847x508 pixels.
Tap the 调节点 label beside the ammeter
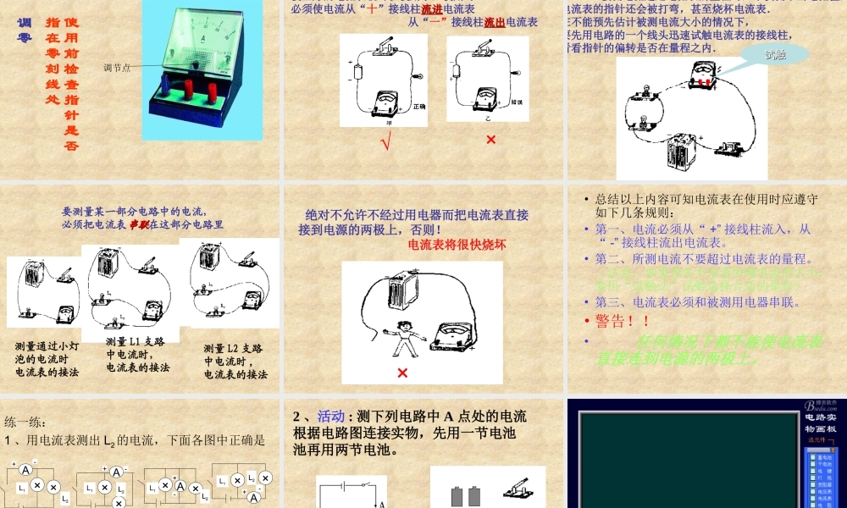point(117,68)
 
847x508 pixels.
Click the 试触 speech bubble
point(774,55)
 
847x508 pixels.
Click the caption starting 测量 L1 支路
point(136,354)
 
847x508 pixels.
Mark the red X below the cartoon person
point(401,373)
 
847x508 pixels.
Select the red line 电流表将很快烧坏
point(457,246)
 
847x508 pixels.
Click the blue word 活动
point(331,417)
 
